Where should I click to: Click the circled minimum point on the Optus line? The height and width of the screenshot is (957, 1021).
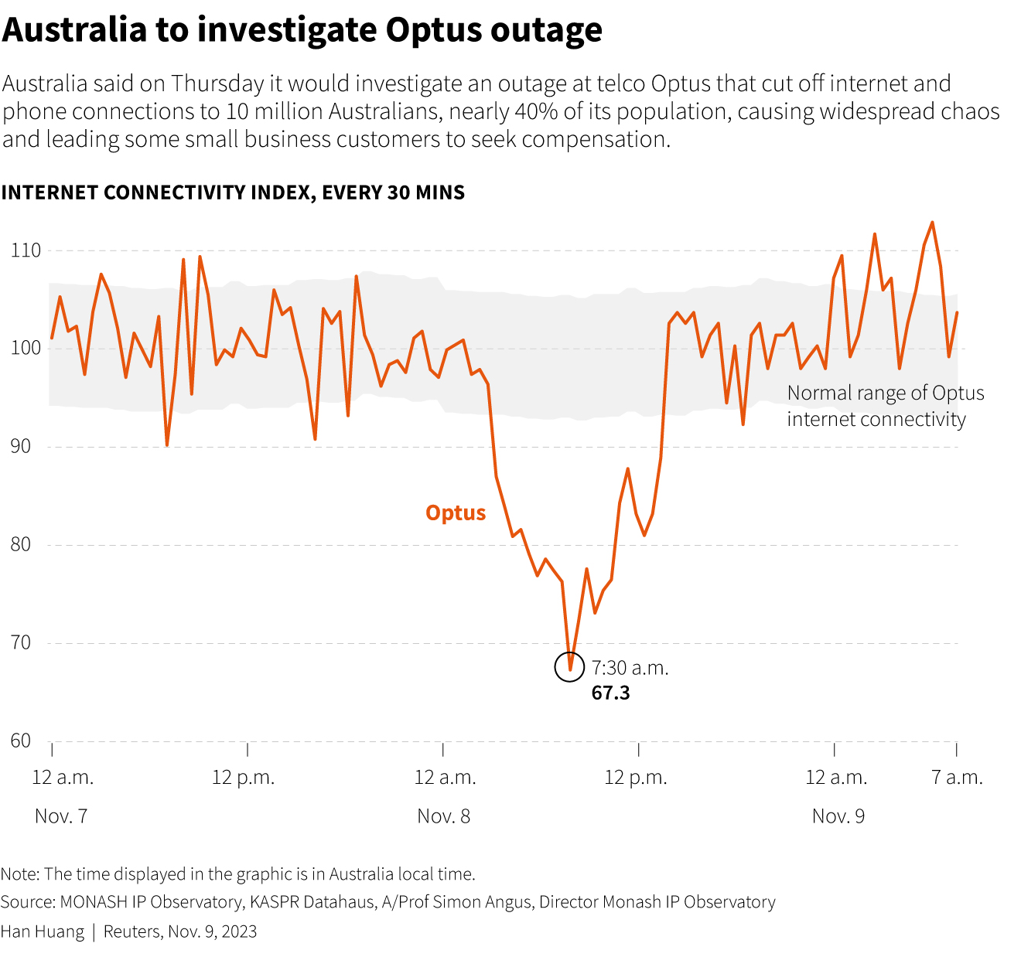tap(570, 668)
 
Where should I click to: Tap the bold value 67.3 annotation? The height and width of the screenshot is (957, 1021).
tap(610, 693)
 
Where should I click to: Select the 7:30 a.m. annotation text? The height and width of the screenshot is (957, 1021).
tap(630, 668)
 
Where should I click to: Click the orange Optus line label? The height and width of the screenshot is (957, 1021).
tap(456, 513)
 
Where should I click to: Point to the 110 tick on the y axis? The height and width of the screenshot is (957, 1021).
tap(26, 250)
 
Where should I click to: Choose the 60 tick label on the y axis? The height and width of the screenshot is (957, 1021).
tap(21, 741)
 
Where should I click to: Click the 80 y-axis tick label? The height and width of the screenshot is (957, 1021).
tap(21, 544)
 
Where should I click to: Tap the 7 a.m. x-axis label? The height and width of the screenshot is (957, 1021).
tap(957, 778)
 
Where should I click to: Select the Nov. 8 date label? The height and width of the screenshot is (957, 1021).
tap(443, 816)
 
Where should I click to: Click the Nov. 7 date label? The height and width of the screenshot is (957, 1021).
tap(61, 816)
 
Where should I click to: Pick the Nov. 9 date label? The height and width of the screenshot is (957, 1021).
tap(838, 816)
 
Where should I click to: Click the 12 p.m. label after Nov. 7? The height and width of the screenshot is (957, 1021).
tap(244, 778)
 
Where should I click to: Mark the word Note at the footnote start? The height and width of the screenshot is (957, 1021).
tap(19, 874)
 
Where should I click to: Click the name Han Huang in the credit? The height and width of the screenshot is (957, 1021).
tap(43, 931)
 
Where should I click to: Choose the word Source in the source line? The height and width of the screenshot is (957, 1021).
tap(26, 902)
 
